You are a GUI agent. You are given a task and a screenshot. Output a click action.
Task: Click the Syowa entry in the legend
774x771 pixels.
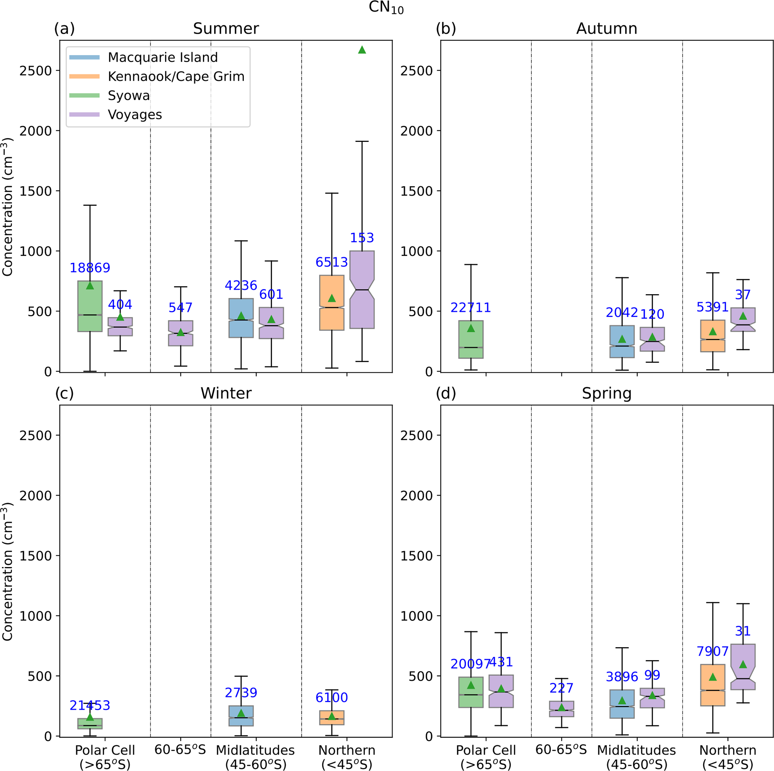pos(128,96)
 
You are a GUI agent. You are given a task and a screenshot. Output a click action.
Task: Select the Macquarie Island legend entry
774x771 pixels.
pos(163,57)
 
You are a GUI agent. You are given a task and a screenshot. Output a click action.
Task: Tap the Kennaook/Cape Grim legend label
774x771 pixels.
pos(176,76)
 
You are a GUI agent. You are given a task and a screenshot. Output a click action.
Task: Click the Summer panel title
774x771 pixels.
pos(225,29)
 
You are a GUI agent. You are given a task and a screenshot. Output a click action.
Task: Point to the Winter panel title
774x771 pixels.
pos(226,393)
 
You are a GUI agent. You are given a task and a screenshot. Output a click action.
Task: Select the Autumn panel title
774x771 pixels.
pos(607,29)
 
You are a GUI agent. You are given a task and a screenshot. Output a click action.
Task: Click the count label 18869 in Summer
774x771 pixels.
pos(90,268)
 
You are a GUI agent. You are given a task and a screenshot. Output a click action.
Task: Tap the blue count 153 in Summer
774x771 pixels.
pos(362,238)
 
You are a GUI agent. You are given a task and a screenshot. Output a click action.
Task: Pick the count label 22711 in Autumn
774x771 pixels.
pos(470,308)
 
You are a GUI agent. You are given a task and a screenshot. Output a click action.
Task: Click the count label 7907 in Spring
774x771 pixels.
pos(712,651)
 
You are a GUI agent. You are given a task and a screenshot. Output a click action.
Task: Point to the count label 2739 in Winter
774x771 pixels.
pos(241,692)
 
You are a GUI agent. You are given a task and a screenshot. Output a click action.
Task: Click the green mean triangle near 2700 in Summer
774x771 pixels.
pos(362,50)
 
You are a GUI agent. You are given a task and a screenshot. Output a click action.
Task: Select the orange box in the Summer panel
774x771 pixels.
pos(332,303)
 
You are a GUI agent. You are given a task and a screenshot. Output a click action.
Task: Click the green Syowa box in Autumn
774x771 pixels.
pos(471,339)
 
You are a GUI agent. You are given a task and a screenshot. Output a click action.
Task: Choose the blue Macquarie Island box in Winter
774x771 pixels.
pos(241,716)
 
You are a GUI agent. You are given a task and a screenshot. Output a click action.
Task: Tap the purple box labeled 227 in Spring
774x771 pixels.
pos(561,709)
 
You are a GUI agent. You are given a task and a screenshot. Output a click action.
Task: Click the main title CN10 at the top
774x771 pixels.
pos(386,8)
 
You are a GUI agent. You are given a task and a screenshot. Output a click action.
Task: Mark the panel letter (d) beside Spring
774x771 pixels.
pos(446,393)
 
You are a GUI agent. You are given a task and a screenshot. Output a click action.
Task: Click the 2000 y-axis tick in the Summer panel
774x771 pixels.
pos(36,131)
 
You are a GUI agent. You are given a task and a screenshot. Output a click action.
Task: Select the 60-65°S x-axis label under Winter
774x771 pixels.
pos(180,750)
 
